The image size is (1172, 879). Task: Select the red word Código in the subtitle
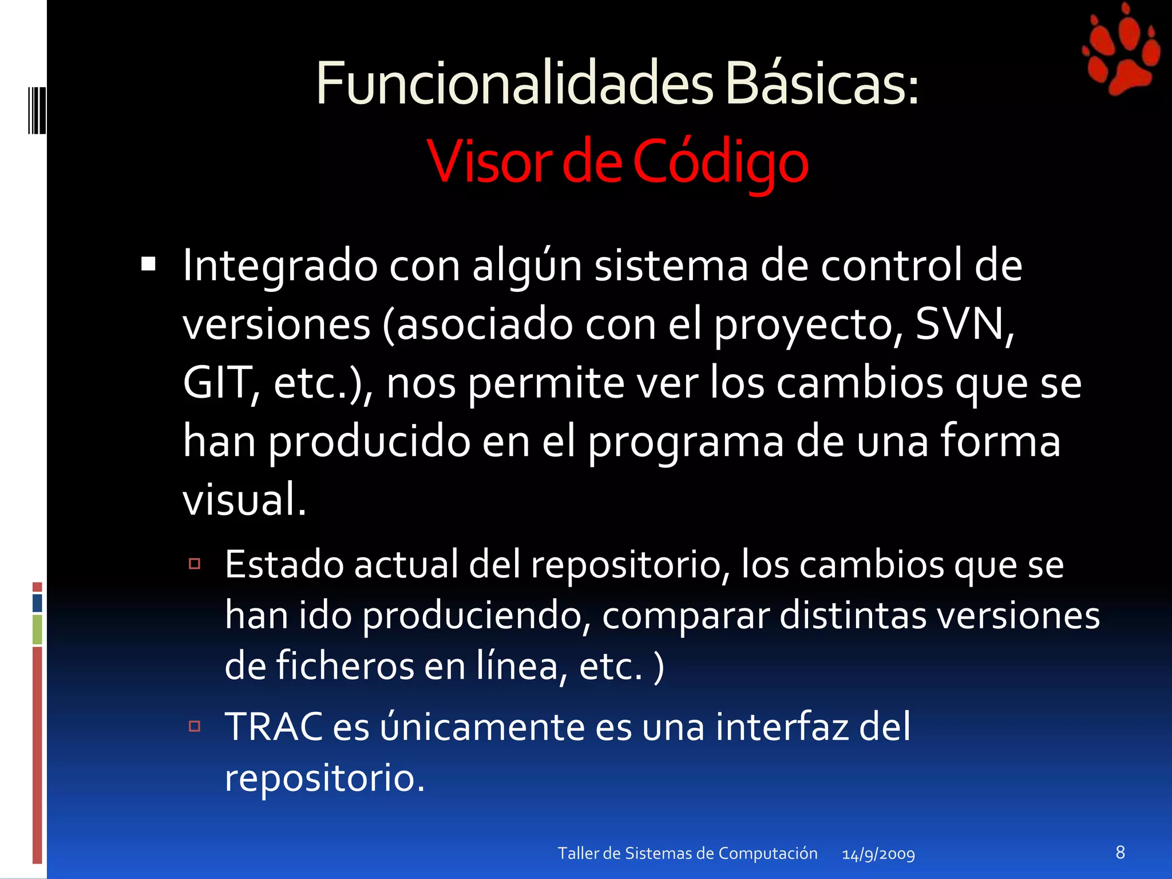(x=720, y=163)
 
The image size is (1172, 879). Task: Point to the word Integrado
(x=280, y=266)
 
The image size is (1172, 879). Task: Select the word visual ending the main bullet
(x=244, y=500)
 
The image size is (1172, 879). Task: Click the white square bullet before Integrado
(x=148, y=264)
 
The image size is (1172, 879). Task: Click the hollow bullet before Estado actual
(x=195, y=564)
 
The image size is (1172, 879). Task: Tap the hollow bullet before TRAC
(x=195, y=726)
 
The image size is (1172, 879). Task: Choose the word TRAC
(x=273, y=727)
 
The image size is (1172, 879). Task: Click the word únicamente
(x=481, y=727)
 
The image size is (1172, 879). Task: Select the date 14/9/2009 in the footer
(x=878, y=854)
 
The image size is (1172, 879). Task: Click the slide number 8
(x=1120, y=852)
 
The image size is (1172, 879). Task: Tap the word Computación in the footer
(x=767, y=853)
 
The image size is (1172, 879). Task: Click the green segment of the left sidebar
(x=37, y=629)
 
